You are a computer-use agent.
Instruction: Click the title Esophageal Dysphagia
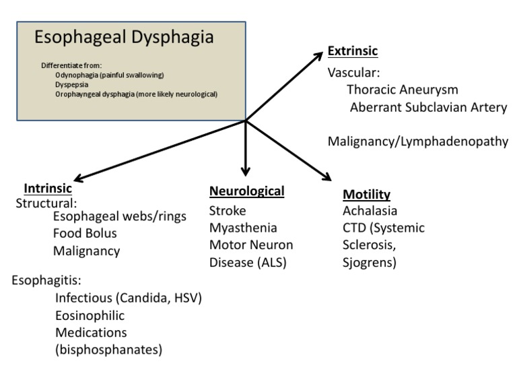[124, 37]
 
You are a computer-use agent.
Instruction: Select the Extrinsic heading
[352, 51]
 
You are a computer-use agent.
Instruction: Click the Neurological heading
[246, 191]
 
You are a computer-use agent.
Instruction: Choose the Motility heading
[366, 195]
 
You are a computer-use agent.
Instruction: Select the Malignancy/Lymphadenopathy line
[417, 141]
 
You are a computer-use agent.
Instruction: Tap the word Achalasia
[371, 211]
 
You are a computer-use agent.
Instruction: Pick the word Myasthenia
[243, 227]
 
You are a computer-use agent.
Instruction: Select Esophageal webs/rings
[119, 216]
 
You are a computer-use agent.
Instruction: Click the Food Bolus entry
[85, 234]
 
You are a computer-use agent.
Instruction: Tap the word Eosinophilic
[90, 315]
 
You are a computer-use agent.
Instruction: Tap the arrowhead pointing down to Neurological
[246, 172]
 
